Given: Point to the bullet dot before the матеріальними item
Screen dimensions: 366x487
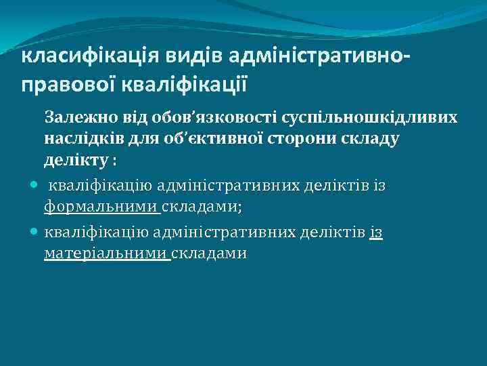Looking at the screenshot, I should coord(34,231).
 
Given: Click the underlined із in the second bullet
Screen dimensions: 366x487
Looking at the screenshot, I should coord(377,232).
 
